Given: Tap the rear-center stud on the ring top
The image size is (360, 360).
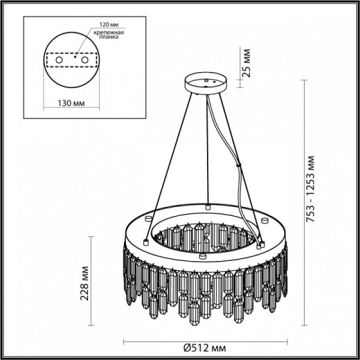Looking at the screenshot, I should pos(208,206).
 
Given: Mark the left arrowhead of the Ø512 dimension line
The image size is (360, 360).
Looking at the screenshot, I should pos(126,342).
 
